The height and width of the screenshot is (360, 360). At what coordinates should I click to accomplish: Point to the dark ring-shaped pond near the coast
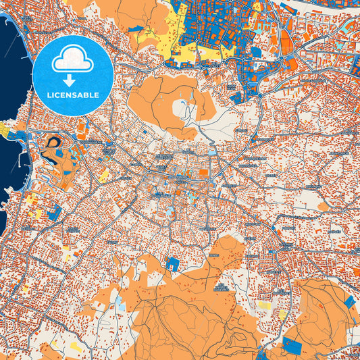point(51,144)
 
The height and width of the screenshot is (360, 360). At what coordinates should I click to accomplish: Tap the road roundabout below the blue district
point(260,95)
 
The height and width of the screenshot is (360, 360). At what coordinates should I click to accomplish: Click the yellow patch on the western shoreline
point(5,128)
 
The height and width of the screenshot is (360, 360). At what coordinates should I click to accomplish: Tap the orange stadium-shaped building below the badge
point(83,126)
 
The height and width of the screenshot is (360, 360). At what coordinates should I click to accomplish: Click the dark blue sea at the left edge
point(10,81)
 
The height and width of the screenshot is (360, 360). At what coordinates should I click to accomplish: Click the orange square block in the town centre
point(203,173)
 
